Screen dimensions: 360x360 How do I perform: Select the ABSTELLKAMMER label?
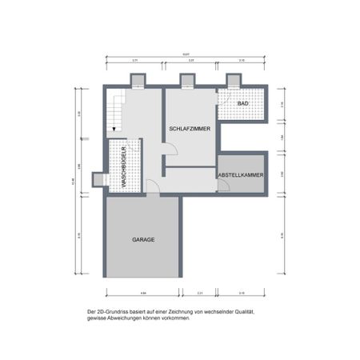pos(241,174)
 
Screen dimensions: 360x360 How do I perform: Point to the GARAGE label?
pos(143,239)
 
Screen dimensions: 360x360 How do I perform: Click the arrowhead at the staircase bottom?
pos(115,127)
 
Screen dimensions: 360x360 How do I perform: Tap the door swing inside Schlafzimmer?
pos(170,149)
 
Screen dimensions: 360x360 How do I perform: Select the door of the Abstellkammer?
pos(223,186)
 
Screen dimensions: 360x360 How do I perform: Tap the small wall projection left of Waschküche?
pos(98,179)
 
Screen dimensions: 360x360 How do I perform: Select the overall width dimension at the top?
pos(186,54)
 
